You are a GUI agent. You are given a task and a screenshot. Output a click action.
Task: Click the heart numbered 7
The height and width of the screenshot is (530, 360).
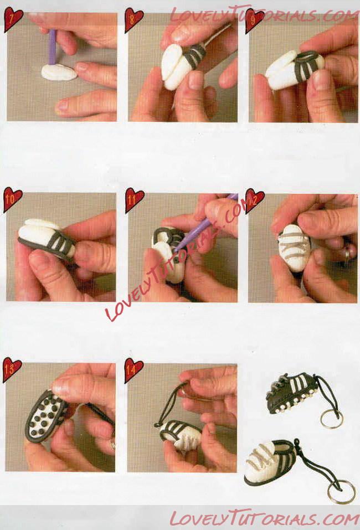pyautogui.click(x=13, y=19)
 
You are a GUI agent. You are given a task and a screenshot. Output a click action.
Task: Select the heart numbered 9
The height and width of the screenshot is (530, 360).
pyautogui.click(x=254, y=20)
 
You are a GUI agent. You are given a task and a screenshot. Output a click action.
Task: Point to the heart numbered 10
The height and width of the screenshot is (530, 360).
pyautogui.click(x=13, y=200)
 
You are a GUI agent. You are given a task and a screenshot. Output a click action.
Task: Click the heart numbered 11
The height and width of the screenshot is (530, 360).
pyautogui.click(x=134, y=200)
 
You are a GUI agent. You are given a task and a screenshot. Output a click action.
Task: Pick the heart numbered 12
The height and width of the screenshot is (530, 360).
pyautogui.click(x=255, y=200)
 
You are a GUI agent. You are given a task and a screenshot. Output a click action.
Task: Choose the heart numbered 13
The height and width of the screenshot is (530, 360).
pyautogui.click(x=12, y=369)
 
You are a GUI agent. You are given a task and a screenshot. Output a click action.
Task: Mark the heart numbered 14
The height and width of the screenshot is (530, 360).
pyautogui.click(x=133, y=370)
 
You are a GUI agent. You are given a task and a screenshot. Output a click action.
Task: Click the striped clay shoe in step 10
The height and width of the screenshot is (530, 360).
pyautogui.click(x=47, y=239)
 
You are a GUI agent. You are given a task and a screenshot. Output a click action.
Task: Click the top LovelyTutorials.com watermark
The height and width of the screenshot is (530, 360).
pyautogui.click(x=265, y=14)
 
